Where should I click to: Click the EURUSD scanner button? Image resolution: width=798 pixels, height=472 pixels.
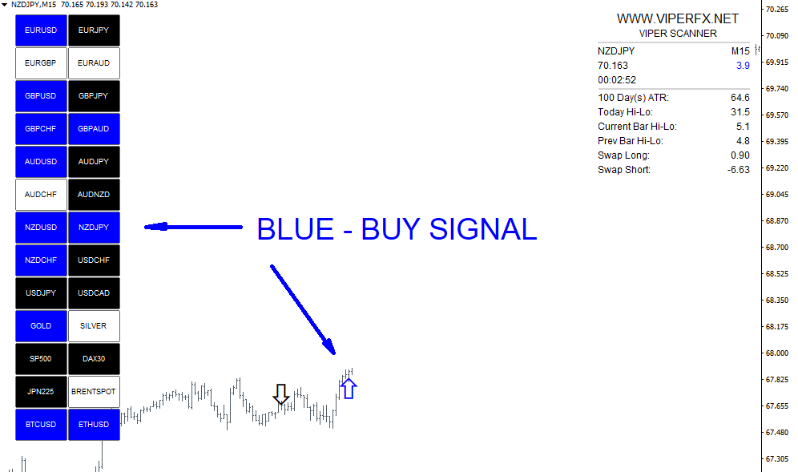41,30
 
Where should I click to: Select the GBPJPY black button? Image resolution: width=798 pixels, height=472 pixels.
95,95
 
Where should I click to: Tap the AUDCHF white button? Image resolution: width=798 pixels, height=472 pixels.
41,195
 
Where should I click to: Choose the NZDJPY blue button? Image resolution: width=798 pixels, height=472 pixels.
95,227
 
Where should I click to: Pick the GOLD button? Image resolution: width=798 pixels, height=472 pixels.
41,326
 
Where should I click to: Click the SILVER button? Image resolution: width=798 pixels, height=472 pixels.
95,326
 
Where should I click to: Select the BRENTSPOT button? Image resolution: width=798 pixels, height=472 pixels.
95,392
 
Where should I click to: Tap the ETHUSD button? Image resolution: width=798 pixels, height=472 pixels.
95,424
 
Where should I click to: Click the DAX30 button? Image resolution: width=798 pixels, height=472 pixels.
95,358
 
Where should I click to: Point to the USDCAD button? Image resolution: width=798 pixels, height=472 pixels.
95,292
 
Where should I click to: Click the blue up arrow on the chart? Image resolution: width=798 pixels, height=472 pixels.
349,389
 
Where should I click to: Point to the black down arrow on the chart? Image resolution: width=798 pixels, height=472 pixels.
281,394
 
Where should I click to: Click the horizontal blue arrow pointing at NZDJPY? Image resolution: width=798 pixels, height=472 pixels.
193,227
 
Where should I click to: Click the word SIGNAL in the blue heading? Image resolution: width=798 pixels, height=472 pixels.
483,229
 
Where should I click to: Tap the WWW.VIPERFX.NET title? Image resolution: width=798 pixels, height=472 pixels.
677,19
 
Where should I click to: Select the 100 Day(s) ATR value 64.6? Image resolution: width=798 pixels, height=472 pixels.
740,97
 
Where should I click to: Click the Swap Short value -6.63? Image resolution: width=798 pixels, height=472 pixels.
739,170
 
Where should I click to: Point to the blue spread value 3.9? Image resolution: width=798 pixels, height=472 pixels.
743,65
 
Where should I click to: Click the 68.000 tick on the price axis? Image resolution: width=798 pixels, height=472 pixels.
776,353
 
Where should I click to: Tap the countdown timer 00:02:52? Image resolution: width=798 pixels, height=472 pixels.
617,80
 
